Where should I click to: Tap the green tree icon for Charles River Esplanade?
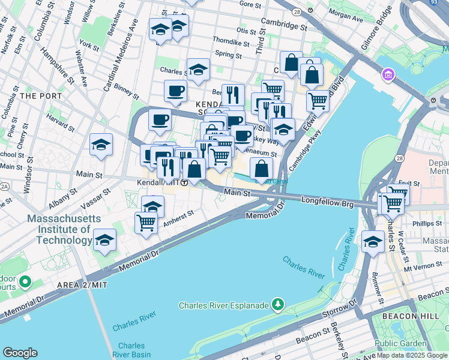[x=277, y=305]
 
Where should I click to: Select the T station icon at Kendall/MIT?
[x=185, y=182]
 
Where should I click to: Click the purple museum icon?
[x=387, y=75]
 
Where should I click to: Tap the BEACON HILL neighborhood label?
[x=409, y=315]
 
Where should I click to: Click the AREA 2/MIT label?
[x=82, y=284]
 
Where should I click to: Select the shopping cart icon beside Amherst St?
[x=146, y=223]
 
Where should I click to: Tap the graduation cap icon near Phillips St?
[x=373, y=242]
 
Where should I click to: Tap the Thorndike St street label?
[x=226, y=43]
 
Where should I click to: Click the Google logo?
[x=20, y=352]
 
